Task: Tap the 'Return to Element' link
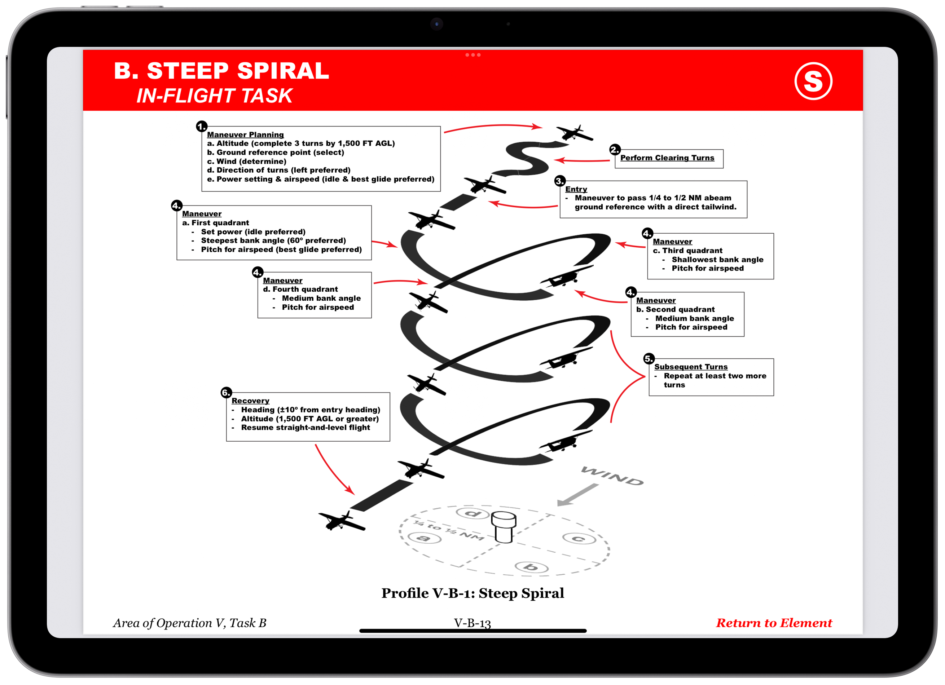(774, 623)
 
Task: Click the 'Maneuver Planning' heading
(245, 134)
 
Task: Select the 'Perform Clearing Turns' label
(667, 158)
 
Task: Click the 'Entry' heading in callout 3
(576, 189)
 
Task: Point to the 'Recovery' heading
(250, 401)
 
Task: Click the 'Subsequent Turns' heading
(690, 367)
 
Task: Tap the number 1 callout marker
(202, 127)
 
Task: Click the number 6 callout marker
(226, 393)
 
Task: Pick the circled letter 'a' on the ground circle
(424, 538)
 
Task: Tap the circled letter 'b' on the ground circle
(531, 567)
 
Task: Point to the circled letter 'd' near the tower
(472, 513)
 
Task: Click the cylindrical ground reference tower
(504, 527)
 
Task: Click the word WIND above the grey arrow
(612, 476)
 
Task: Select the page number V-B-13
(472, 623)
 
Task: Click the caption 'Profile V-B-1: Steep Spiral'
(472, 593)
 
